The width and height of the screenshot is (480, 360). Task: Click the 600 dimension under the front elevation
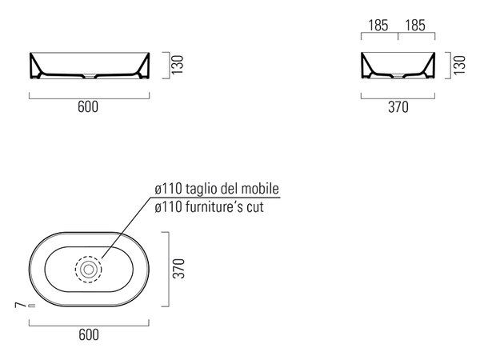(88, 107)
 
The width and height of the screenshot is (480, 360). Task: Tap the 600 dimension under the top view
(89, 334)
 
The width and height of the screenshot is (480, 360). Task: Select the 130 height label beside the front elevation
(178, 65)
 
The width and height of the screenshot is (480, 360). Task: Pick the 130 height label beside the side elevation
(460, 65)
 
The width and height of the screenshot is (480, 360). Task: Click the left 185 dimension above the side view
(378, 26)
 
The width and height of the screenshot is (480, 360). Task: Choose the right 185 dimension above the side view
(415, 26)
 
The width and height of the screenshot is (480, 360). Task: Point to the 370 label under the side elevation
(398, 107)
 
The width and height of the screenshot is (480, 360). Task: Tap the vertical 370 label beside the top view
(179, 269)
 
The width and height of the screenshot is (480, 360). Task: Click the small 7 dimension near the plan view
(19, 305)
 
